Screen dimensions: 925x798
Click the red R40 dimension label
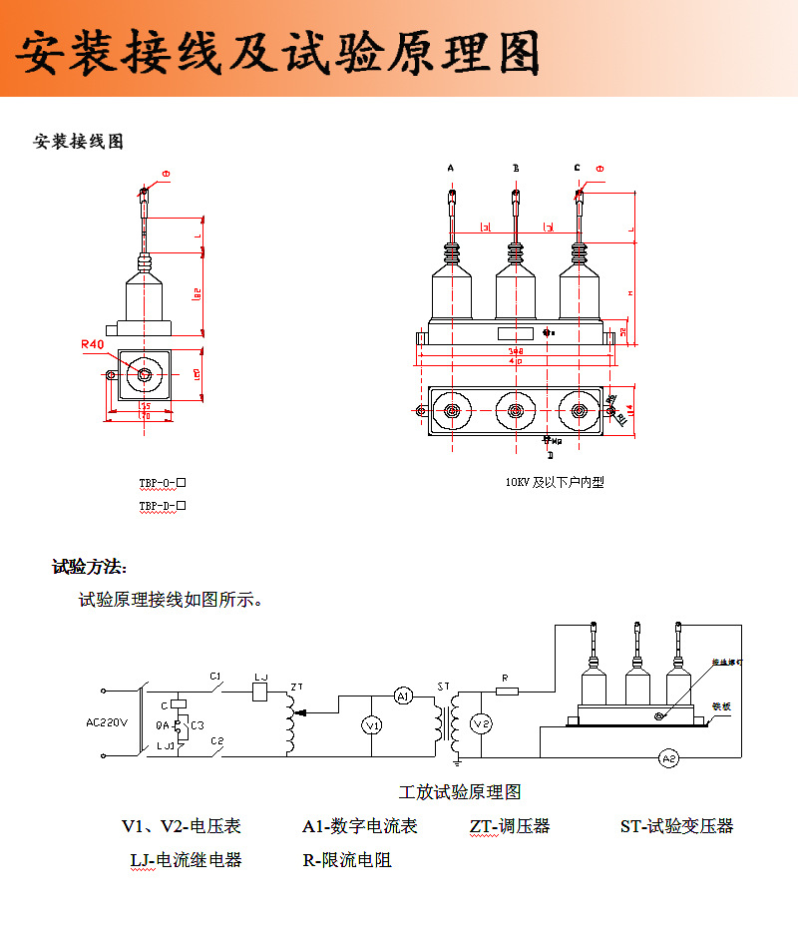point(93,344)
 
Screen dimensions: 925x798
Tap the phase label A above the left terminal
point(451,169)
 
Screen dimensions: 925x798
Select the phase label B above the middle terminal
point(516,169)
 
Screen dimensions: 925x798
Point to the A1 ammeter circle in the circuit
point(402,696)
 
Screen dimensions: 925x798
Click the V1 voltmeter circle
point(371,725)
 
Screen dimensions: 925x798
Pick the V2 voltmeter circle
point(481,722)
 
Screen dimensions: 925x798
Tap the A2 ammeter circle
point(669,759)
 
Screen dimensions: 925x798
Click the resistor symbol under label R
point(508,691)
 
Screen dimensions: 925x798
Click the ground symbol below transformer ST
point(456,763)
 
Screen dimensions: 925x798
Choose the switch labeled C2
point(216,748)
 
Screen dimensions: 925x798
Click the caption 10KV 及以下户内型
point(554,482)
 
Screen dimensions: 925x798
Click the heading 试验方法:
point(90,568)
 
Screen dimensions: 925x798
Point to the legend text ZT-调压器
point(510,826)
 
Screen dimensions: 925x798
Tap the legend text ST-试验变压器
point(676,826)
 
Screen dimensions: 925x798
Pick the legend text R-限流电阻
point(347,860)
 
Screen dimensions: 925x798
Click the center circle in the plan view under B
point(516,410)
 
